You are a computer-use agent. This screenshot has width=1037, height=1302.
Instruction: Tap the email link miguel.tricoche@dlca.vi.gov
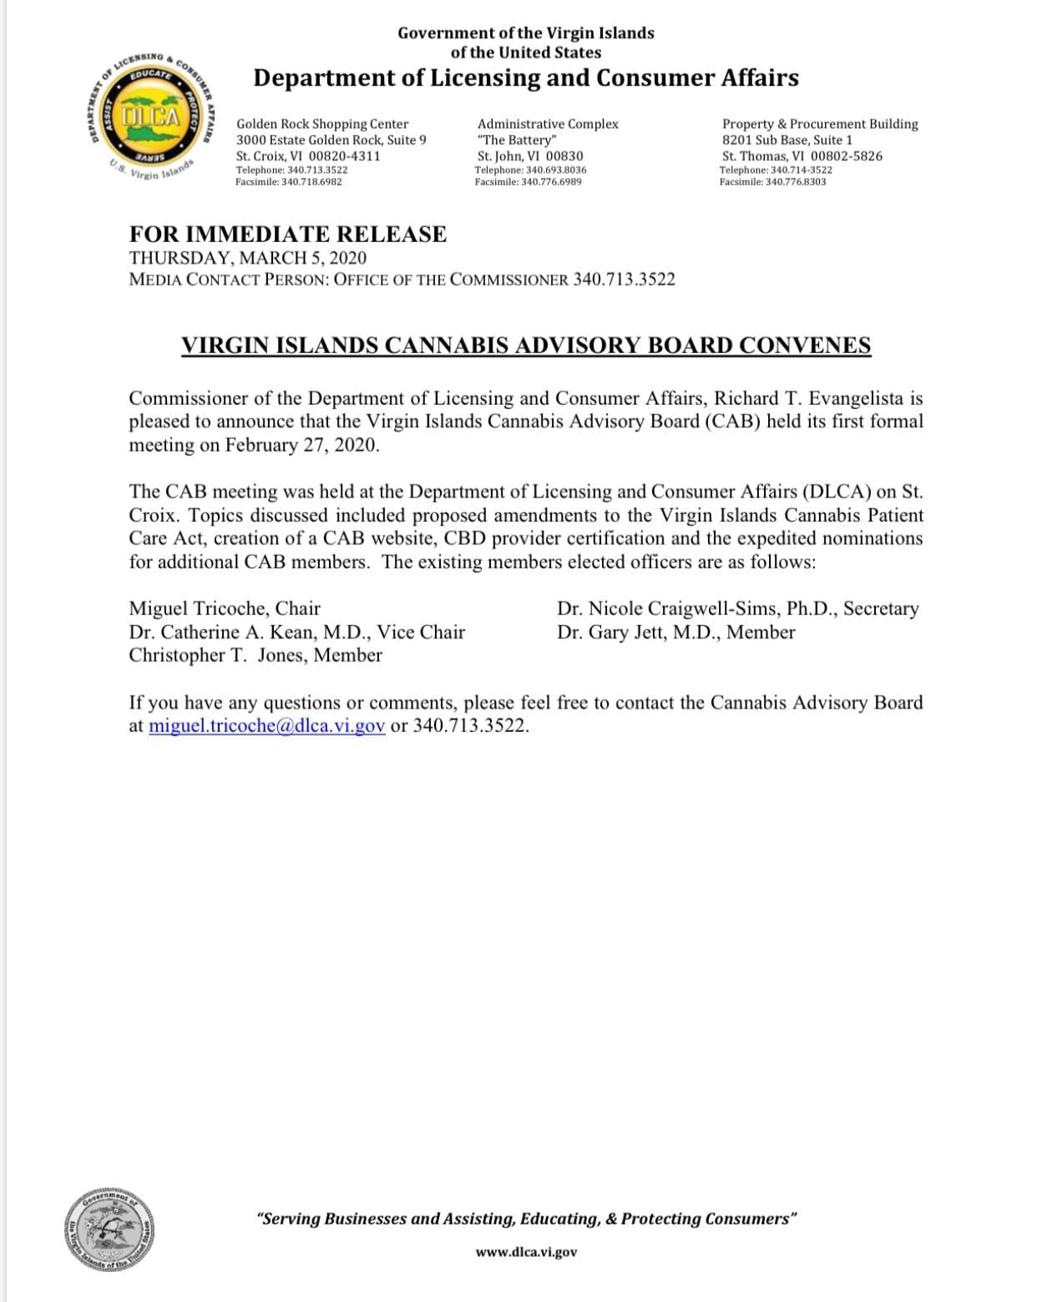point(266,725)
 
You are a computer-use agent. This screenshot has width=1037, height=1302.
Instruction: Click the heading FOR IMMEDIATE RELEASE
point(288,235)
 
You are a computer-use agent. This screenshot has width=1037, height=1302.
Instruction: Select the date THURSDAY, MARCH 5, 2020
point(248,258)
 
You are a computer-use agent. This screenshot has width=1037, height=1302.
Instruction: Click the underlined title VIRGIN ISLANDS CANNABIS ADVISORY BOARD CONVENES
point(526,346)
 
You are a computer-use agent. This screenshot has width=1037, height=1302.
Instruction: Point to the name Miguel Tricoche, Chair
point(225,608)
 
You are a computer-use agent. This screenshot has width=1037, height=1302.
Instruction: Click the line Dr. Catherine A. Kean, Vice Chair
point(296,632)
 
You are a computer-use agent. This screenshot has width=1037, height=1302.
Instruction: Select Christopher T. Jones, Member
point(255,655)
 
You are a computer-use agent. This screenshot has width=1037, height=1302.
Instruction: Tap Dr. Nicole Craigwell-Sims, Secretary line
point(737,608)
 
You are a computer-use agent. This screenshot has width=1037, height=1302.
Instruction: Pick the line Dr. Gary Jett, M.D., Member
point(675,632)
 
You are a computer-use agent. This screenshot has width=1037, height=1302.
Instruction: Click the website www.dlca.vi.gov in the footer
point(526,1252)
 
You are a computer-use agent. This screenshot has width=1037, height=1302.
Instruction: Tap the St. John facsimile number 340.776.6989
point(551,182)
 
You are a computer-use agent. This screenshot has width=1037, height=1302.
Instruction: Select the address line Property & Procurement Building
point(819,124)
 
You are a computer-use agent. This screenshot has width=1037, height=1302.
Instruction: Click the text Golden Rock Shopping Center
point(322,124)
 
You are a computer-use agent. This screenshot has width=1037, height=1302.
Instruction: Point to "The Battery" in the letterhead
point(516,140)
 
